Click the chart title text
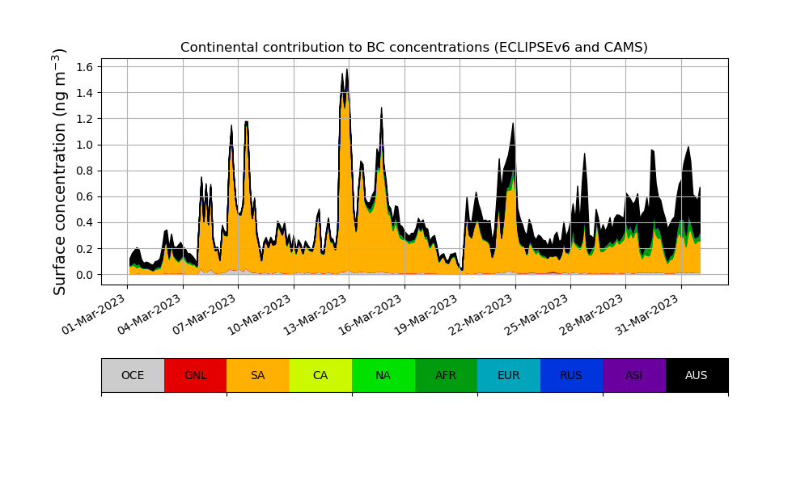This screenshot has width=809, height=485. point(413,48)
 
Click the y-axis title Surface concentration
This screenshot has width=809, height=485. point(60,171)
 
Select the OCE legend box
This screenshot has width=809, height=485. point(133,375)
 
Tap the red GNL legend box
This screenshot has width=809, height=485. point(195,375)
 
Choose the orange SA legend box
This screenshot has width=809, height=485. point(257,375)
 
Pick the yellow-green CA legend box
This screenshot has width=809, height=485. point(320,375)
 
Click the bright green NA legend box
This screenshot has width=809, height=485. point(383,375)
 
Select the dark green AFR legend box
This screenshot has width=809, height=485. point(446,375)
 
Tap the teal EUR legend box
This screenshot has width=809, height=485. point(508,375)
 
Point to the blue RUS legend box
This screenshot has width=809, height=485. point(571,375)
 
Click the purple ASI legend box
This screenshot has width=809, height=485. point(633,375)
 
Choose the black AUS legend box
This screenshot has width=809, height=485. point(697,375)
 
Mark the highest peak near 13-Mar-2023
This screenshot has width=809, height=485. point(347,70)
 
